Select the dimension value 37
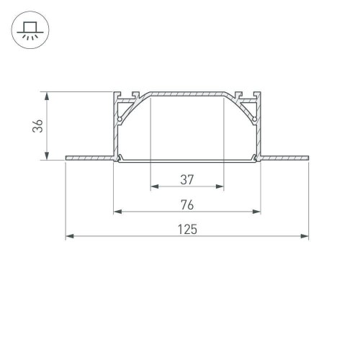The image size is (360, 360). [x=186, y=179]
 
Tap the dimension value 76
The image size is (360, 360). [x=186, y=204]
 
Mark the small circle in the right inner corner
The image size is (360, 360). [x=254, y=117]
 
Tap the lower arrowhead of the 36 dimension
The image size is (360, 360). [x=48, y=158]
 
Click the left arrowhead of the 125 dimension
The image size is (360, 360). [x=70, y=236]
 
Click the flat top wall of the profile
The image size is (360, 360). [x=186, y=94]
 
